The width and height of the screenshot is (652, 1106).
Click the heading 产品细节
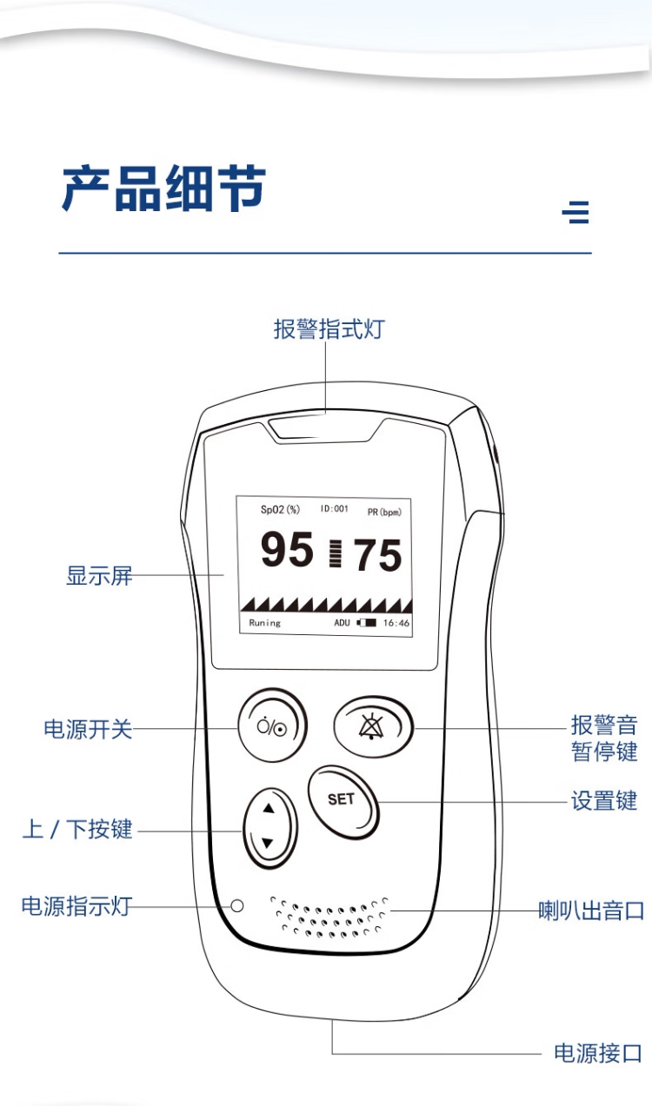163,189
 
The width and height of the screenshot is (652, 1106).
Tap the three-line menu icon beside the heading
575,212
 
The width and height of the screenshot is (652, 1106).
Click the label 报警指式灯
328,330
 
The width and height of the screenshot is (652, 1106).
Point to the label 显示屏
99,575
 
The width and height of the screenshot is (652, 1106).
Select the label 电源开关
88,728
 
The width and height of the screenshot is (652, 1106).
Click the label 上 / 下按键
77,829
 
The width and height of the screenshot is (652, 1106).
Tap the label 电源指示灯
77,906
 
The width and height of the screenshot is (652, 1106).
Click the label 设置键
603,800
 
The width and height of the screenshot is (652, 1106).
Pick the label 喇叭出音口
591,911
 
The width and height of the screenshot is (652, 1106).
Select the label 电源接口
597,1054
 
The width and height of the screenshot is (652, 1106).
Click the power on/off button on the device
272,727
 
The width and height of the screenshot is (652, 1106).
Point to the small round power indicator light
236,905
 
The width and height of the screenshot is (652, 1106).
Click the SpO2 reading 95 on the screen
287,550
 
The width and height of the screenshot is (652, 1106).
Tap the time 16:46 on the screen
396,623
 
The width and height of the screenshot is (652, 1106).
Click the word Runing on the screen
265,623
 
